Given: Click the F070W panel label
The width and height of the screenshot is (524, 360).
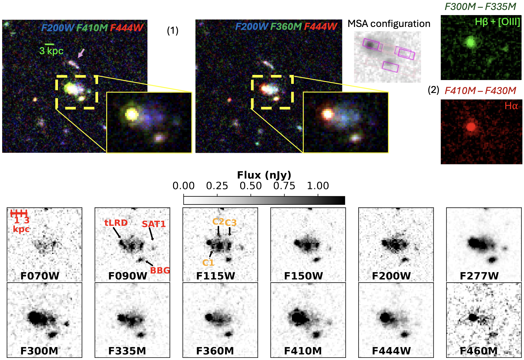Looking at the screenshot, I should tap(40, 276).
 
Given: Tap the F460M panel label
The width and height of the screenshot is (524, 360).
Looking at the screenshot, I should tap(478, 351).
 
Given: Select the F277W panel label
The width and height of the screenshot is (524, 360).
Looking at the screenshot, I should tap(479, 276).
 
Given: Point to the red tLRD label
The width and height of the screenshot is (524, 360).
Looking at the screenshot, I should tap(116, 223).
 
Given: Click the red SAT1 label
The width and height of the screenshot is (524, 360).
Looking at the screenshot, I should tap(154, 224).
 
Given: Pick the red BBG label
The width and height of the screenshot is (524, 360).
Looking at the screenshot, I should tap(160, 270).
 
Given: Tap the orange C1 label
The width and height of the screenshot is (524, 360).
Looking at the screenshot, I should tap(208, 263).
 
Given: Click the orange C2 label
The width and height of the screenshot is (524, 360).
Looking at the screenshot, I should tap(218, 221).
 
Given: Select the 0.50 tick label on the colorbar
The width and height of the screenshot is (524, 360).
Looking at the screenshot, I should tap(251, 186).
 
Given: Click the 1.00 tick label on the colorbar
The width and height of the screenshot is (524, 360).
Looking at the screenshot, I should tap(318, 186).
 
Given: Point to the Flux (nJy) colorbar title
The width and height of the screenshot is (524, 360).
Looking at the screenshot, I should tap(264, 175).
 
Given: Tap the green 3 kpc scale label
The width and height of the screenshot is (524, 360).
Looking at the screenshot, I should tap(51, 51).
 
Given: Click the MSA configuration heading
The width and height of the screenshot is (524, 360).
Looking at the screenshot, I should tap(389, 24).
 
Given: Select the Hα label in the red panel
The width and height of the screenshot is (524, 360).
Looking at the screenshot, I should tap(511, 106).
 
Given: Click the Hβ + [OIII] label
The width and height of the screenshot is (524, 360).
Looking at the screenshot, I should tap(497, 22).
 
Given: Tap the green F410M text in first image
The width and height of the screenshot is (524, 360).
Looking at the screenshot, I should tap(92, 27).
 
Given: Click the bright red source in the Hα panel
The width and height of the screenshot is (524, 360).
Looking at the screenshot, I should tap(471, 126).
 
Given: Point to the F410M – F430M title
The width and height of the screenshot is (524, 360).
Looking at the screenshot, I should tap(480, 91).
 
